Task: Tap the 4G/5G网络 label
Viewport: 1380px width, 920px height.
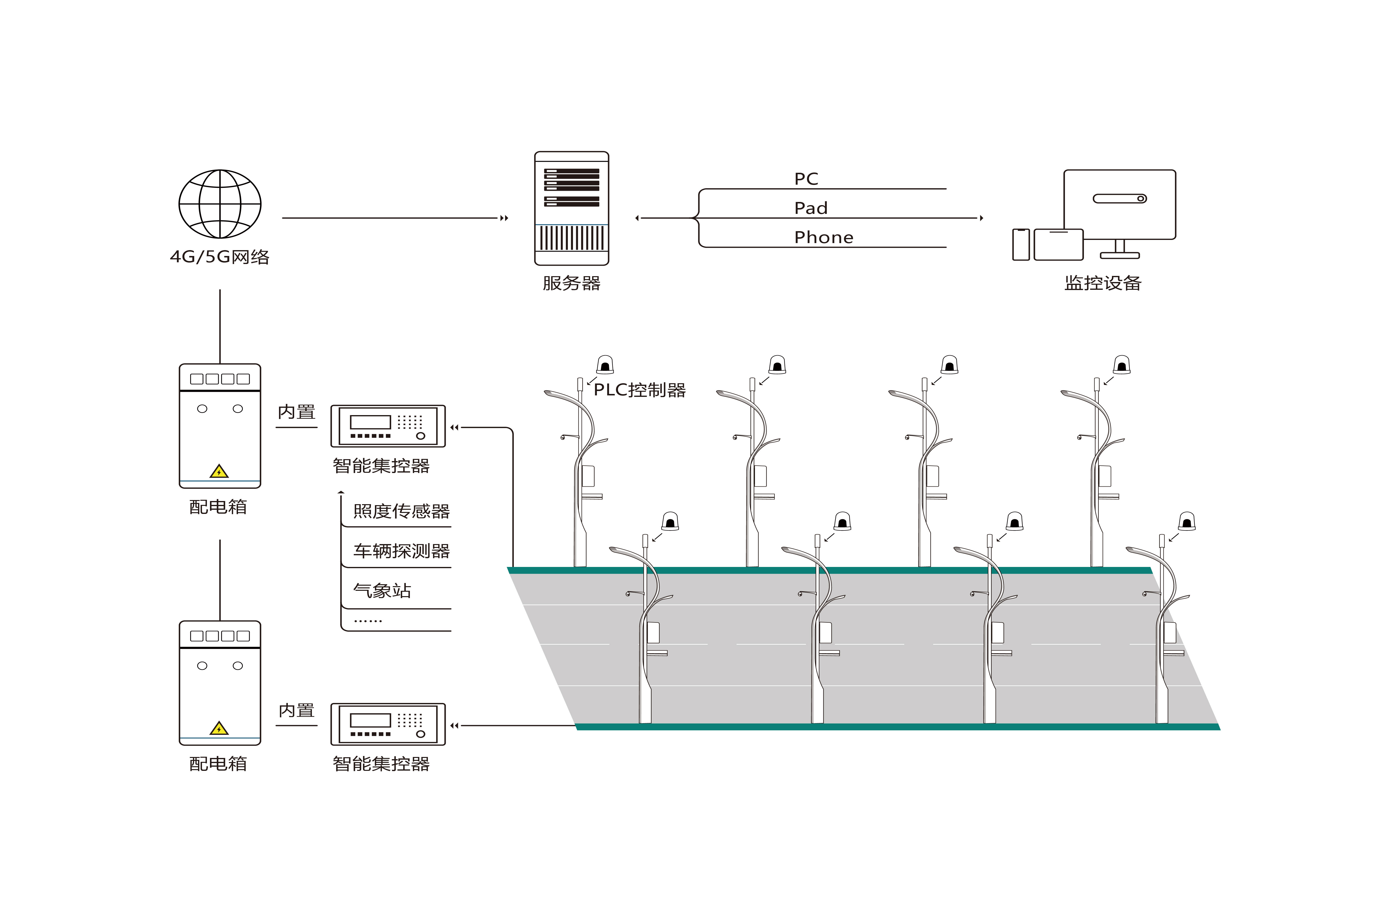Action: click(x=220, y=257)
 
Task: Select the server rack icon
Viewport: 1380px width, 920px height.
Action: click(x=572, y=208)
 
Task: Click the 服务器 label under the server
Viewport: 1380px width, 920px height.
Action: click(x=572, y=283)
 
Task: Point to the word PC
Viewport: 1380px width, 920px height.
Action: click(x=806, y=179)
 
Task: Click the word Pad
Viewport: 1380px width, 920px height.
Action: click(x=811, y=208)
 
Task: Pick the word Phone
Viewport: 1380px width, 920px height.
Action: click(x=824, y=238)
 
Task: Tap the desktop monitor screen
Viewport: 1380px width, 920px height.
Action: click(x=1119, y=204)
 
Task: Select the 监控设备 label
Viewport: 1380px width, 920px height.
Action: click(x=1103, y=283)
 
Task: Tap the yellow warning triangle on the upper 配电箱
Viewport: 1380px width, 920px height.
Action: click(x=219, y=472)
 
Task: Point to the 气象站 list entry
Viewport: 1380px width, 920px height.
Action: click(x=382, y=591)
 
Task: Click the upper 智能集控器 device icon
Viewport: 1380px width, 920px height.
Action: click(x=388, y=426)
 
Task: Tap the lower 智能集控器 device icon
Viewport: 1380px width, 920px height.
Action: click(x=388, y=724)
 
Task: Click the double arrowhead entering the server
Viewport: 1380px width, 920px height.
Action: click(x=504, y=218)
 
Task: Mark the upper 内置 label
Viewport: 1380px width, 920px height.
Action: click(x=296, y=412)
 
